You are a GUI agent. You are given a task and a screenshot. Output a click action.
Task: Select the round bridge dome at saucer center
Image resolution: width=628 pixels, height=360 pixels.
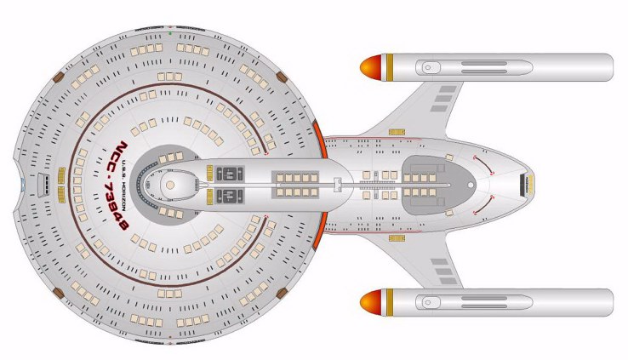(x=169, y=184)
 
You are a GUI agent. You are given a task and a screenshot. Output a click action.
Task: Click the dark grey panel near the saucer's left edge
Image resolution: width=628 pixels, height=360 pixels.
(x=40, y=182)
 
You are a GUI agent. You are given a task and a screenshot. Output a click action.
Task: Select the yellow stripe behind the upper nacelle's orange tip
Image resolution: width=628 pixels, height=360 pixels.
(x=388, y=66)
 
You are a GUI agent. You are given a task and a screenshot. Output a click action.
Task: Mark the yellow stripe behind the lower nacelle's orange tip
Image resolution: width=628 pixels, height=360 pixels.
(x=388, y=300)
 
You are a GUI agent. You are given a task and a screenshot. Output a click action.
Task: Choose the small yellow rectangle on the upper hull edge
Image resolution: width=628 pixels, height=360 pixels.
(x=397, y=132)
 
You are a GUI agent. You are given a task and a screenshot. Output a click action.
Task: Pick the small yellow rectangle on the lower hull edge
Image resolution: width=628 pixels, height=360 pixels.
(x=397, y=237)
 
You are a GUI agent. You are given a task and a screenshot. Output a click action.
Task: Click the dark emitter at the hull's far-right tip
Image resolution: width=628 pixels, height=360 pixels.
(x=529, y=183)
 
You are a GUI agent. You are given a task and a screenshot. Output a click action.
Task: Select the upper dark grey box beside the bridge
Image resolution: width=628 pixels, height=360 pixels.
(x=228, y=174)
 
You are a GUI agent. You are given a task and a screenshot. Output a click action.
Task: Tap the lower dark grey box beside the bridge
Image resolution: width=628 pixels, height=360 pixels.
(x=228, y=195)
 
